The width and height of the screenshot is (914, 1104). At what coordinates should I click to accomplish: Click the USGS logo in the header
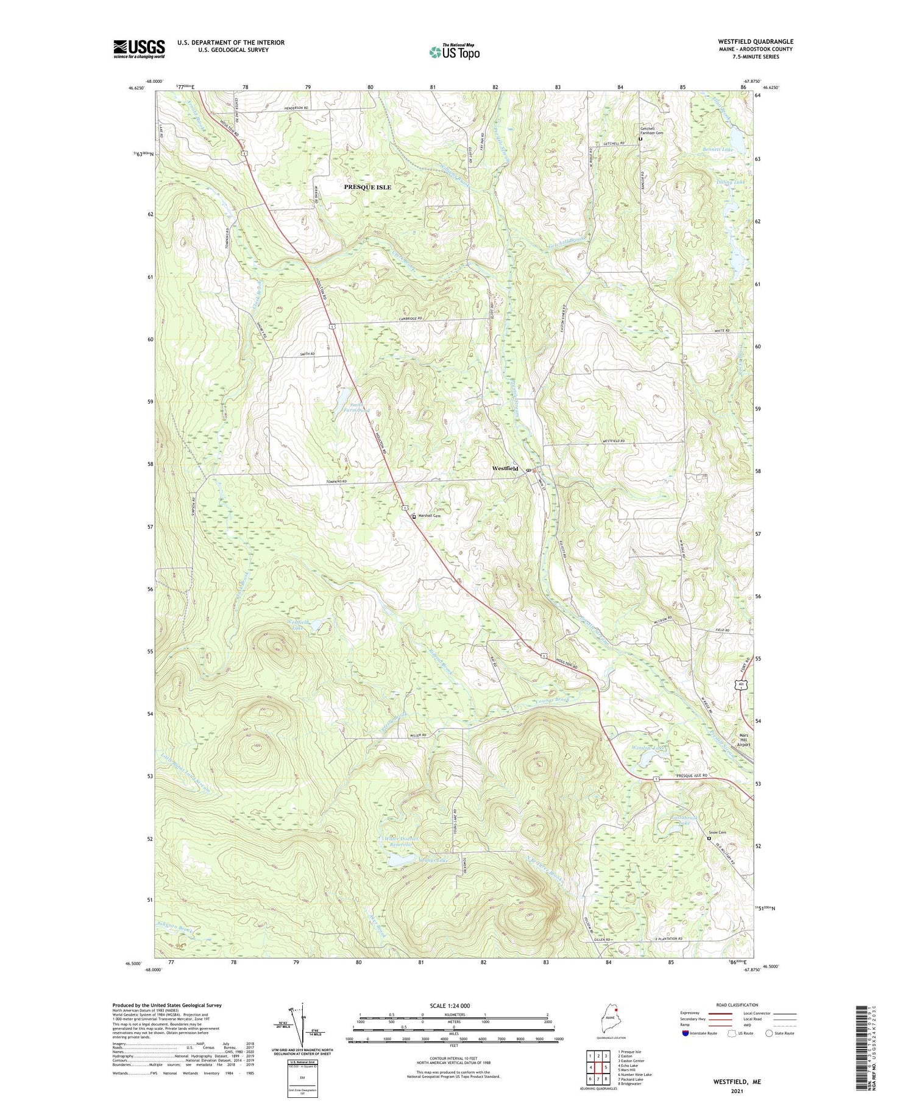click(139, 49)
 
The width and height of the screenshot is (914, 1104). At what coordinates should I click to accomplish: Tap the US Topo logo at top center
click(454, 52)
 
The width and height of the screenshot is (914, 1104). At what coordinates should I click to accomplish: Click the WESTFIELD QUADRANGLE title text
click(756, 42)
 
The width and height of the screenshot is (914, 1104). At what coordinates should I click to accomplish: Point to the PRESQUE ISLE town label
click(367, 187)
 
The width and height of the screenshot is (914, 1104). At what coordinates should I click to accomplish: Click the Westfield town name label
click(505, 468)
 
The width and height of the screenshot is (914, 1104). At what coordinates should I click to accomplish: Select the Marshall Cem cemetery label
click(429, 516)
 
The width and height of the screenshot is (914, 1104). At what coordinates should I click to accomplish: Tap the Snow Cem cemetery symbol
click(709, 838)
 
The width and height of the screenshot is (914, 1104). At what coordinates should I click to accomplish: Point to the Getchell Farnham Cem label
click(651, 130)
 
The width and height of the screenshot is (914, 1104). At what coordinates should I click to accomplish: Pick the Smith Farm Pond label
click(356, 407)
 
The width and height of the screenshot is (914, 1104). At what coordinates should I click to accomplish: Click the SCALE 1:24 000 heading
click(454, 1005)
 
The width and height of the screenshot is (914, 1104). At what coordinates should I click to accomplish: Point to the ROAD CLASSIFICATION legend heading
click(737, 1005)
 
